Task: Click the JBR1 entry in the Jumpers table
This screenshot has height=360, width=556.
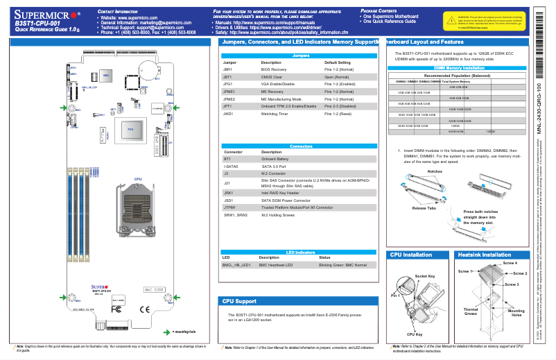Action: (227, 70)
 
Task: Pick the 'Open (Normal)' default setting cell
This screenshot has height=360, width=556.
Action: (342, 77)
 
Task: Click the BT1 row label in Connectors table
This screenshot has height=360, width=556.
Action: (227, 158)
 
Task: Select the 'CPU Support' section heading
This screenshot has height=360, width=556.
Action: (239, 302)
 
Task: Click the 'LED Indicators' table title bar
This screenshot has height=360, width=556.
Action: (300, 252)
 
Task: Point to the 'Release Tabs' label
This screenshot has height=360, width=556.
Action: (424, 207)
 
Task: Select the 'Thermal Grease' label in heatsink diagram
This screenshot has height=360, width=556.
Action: (470, 311)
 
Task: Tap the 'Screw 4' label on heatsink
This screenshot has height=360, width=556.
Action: (510, 264)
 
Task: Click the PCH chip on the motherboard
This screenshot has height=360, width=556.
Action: (129, 129)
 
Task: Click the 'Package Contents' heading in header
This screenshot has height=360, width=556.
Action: (379, 11)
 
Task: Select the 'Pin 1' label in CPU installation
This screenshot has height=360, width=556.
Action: (395, 296)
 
